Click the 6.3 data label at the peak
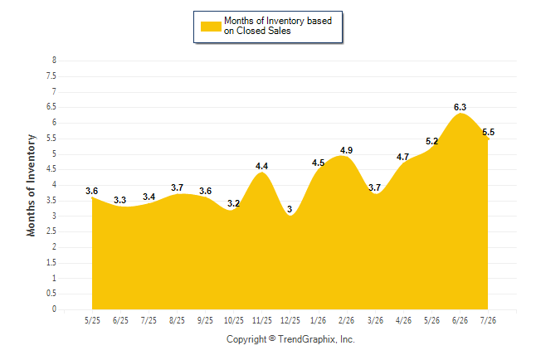point(460,107)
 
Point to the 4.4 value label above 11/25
point(261,166)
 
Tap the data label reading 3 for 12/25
point(290,209)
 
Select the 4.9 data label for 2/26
point(346,150)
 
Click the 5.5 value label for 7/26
point(488,133)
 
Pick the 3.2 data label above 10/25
point(233,203)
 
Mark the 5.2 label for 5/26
point(431,141)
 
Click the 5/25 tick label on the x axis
point(92,320)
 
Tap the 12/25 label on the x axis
point(290,320)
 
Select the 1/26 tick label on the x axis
point(318,320)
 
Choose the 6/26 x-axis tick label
point(460,320)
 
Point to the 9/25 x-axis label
point(205,320)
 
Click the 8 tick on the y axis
point(54,61)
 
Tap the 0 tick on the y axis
point(54,309)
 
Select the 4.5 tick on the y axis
point(51,169)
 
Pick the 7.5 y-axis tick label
point(51,75)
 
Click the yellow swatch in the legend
point(211,27)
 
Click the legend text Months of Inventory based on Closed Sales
point(278,26)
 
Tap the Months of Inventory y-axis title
point(31,185)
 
